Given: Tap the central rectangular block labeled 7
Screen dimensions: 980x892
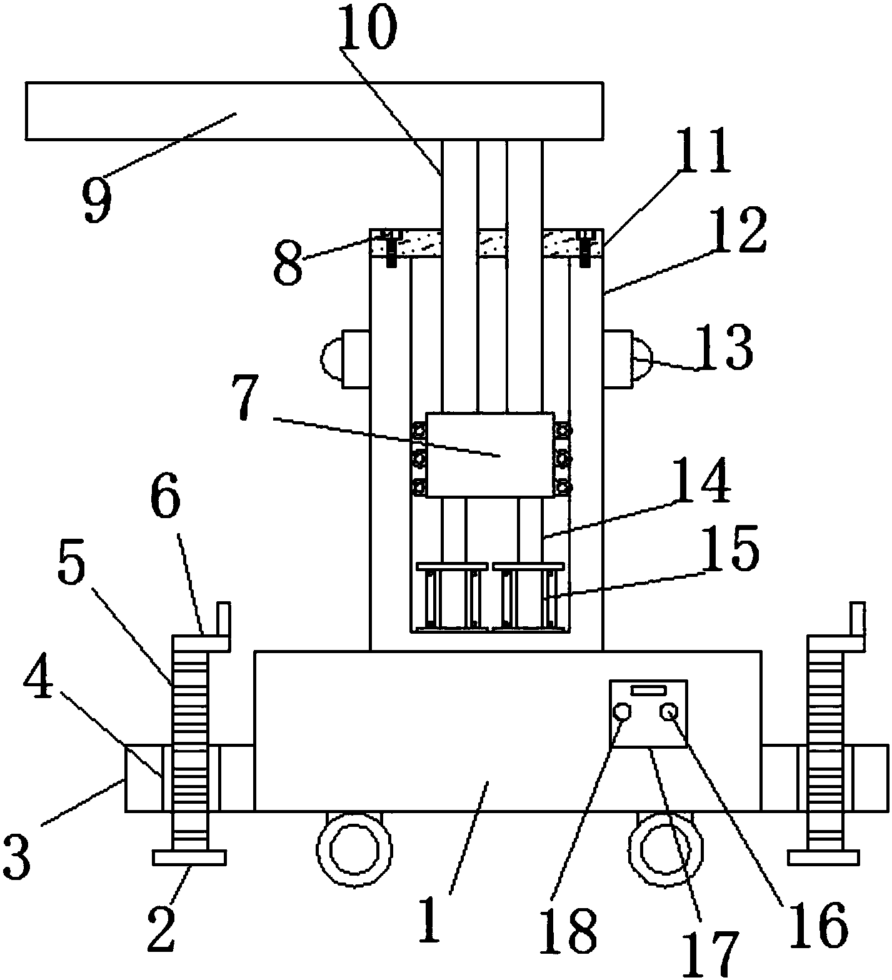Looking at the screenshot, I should click(x=489, y=454).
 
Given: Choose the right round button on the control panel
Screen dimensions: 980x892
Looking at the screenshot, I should click(x=671, y=712).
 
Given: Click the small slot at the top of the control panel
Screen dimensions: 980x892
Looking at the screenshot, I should click(x=648, y=690).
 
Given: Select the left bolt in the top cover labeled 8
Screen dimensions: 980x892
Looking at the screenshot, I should click(x=390, y=248).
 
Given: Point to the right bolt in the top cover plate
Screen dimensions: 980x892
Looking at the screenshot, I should click(x=586, y=248).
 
